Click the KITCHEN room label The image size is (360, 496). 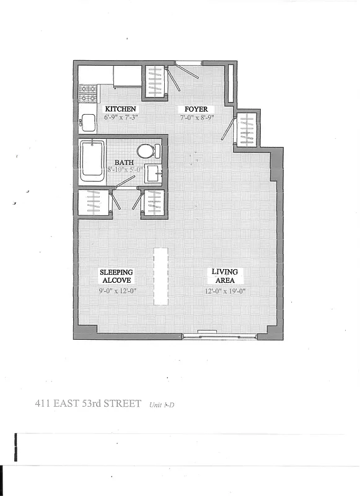coord(120,109)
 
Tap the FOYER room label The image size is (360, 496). coord(194,109)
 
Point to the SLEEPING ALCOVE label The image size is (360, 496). coord(116,276)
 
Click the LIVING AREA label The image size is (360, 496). coord(224,276)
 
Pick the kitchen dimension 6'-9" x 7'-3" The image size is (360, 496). coord(120,117)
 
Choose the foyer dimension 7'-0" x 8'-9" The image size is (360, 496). coord(194,117)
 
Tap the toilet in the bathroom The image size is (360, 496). coord(147,151)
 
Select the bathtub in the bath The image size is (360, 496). coord(92,161)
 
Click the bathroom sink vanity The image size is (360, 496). coord(154,173)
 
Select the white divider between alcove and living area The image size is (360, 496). coord(161,276)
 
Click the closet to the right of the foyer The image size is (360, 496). coord(247,129)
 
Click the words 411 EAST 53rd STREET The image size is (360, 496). coord(88,405)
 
